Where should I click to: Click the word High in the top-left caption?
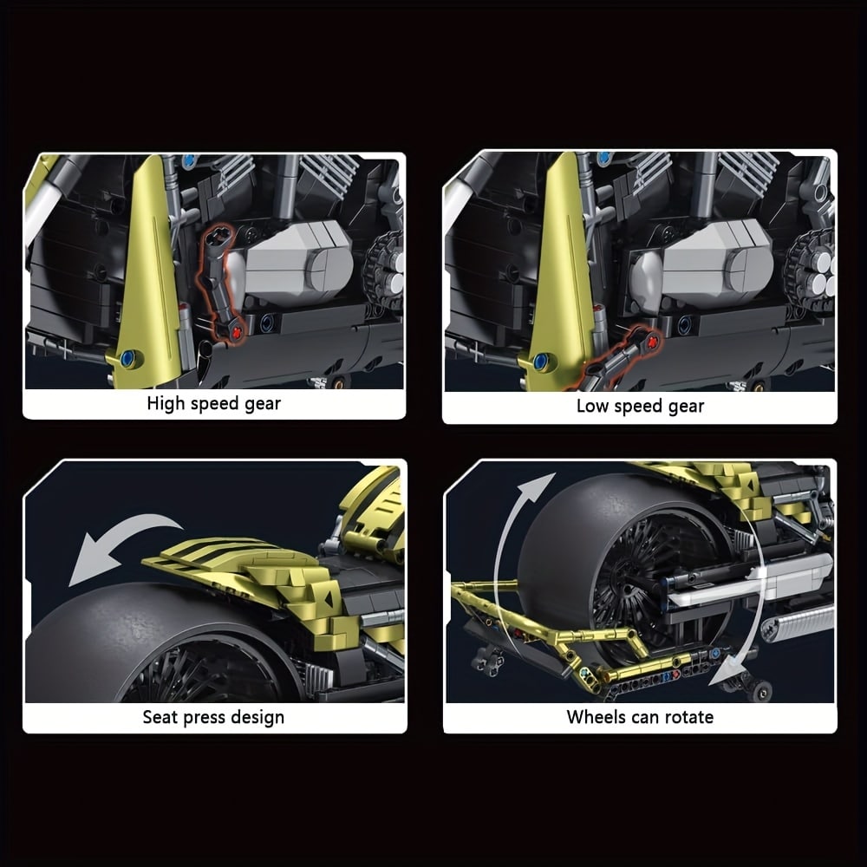coord(166,404)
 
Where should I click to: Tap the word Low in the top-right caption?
coord(592,406)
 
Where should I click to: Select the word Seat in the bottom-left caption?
coord(160,717)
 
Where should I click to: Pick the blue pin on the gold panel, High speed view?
coord(129,358)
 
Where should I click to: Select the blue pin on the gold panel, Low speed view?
coord(541,362)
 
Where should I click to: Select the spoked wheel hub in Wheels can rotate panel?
coord(653,581)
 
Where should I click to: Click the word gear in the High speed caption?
coord(263,405)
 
